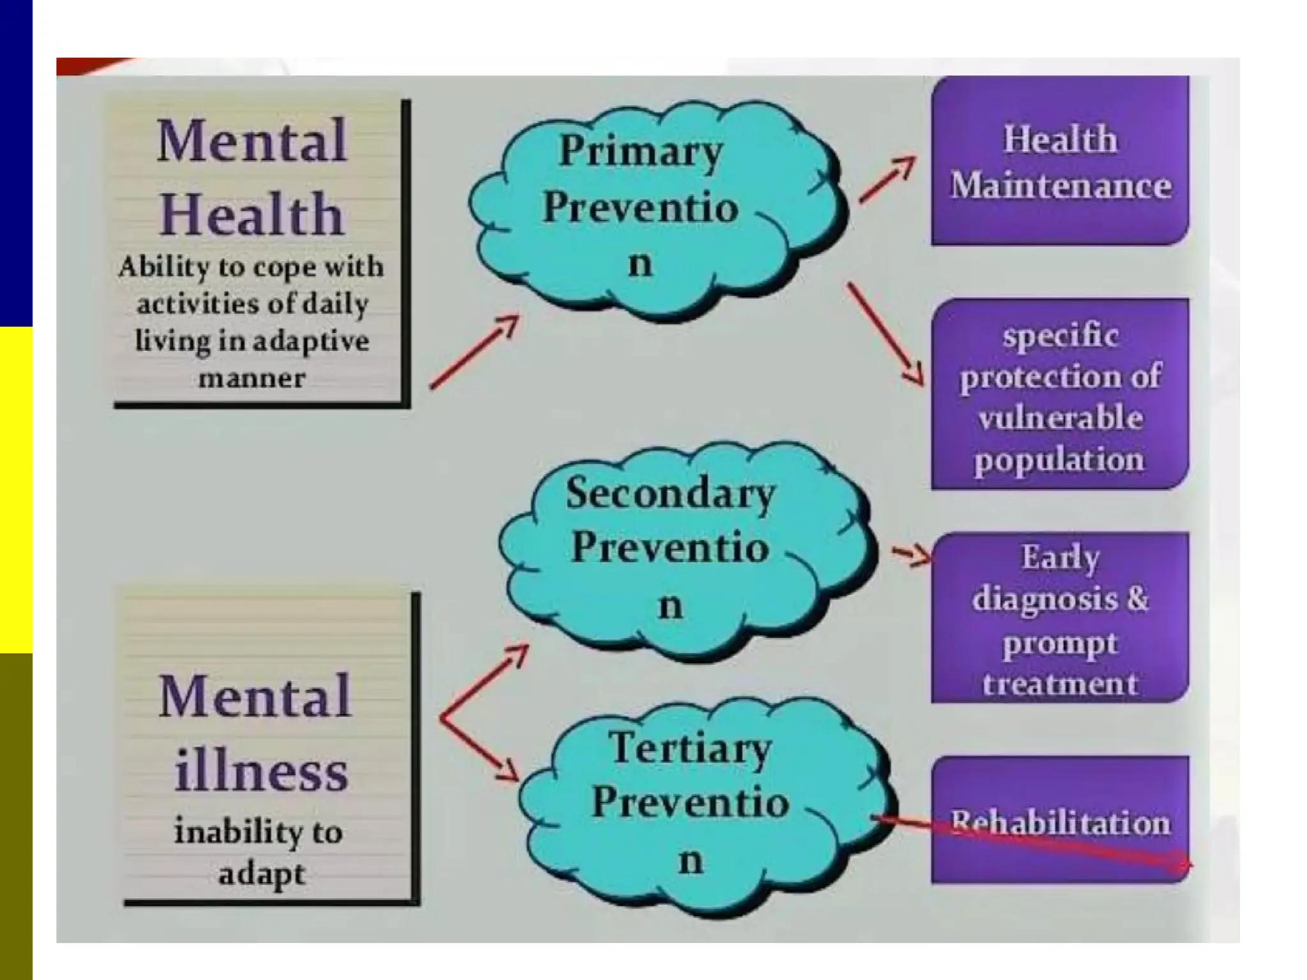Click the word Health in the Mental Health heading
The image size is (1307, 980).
[252, 214]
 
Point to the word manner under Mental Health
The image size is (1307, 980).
[252, 378]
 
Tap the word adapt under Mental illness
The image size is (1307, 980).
[261, 873]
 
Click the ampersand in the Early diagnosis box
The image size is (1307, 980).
[1137, 598]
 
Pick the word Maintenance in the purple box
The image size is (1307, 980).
[1060, 186]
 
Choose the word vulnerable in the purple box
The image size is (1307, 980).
[1060, 418]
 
